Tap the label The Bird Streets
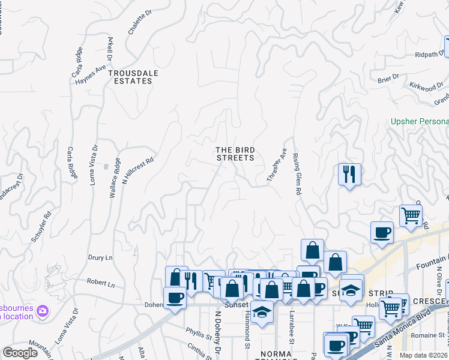(x=235, y=154)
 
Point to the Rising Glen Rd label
(x=297, y=173)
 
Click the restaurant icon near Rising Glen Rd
(x=349, y=175)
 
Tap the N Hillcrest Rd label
(x=139, y=170)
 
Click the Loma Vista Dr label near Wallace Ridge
(x=94, y=164)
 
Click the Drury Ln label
(x=100, y=257)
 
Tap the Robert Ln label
(x=100, y=282)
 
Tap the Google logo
(x=20, y=353)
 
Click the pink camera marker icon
(x=43, y=311)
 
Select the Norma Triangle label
(x=276, y=354)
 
